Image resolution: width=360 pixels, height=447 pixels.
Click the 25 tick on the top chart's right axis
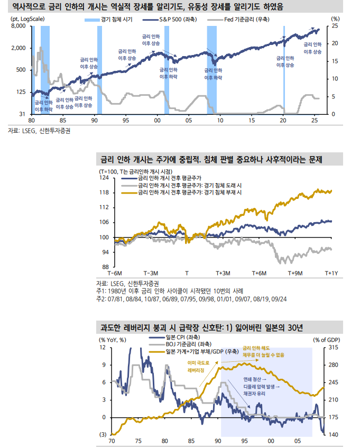[x=335, y=25]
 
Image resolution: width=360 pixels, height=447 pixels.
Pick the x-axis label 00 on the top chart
[x=157, y=120]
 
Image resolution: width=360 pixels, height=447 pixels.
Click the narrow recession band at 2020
[x=284, y=69]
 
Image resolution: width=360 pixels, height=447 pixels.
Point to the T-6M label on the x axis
[x=115, y=273]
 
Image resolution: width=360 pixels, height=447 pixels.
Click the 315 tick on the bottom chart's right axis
[x=334, y=348]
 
